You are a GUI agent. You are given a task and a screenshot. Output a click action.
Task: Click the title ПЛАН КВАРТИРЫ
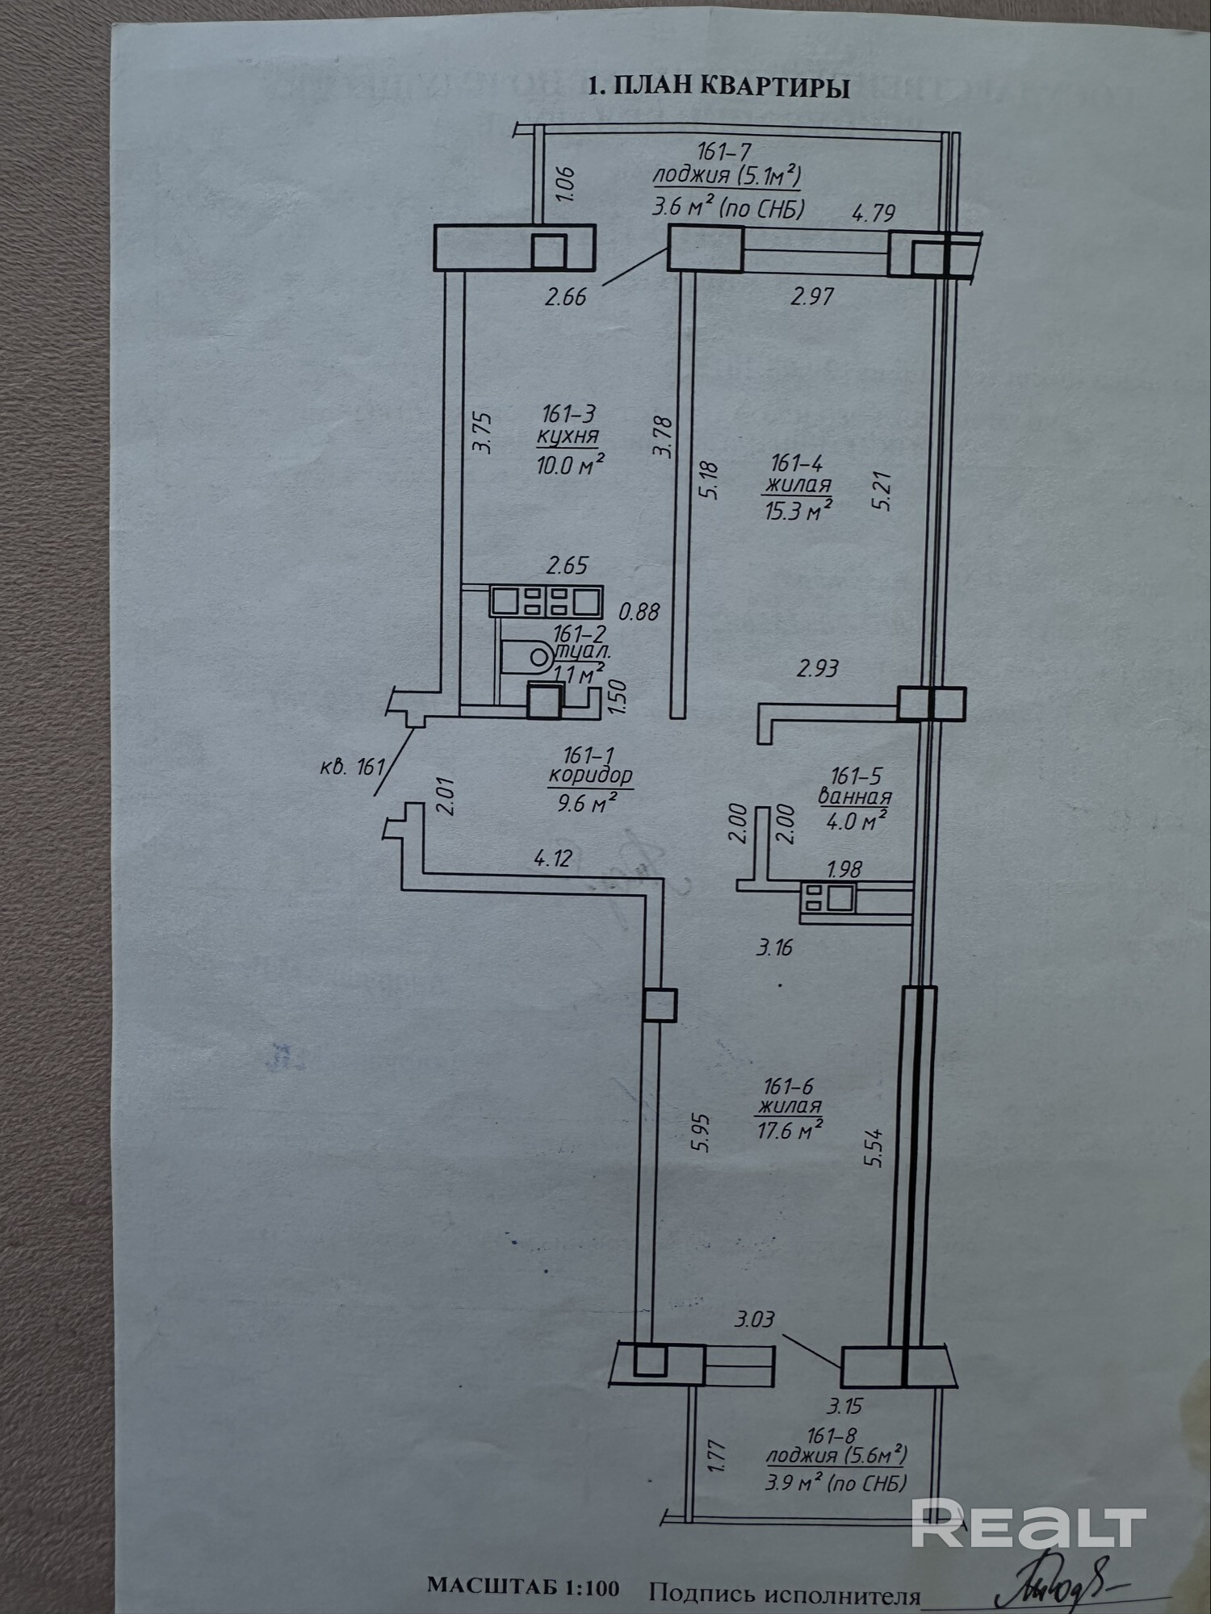tap(719, 87)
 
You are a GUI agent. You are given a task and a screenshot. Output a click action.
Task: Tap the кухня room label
tap(568, 437)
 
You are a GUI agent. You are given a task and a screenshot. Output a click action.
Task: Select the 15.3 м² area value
tap(798, 509)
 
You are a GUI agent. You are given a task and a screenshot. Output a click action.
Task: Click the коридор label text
tap(590, 777)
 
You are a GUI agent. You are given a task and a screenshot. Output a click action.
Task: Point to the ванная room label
tap(855, 797)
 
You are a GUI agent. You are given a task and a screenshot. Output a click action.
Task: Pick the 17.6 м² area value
tap(790, 1130)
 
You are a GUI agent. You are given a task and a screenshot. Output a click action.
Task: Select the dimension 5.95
tap(701, 1132)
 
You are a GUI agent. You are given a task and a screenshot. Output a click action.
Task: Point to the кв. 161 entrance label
tap(352, 765)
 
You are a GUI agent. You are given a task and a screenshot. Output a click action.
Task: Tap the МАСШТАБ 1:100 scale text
tap(523, 1586)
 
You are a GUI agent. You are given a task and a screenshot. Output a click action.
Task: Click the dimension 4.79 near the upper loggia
tap(874, 213)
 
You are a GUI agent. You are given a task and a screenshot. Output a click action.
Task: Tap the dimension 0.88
tap(639, 612)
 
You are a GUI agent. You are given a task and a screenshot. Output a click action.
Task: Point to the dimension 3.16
tap(774, 947)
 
